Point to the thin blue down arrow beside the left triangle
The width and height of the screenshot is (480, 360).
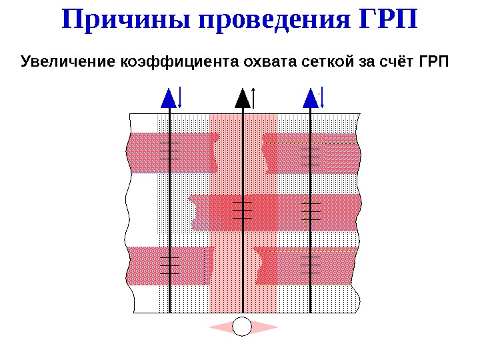click(181, 97)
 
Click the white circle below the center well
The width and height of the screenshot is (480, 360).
click(243, 327)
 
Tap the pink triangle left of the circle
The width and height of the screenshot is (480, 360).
click(223, 327)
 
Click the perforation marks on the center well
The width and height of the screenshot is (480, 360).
click(243, 209)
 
